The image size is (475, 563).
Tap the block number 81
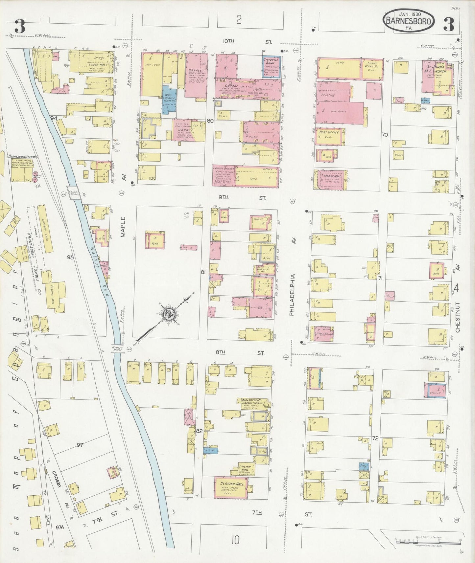coord(203,272)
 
